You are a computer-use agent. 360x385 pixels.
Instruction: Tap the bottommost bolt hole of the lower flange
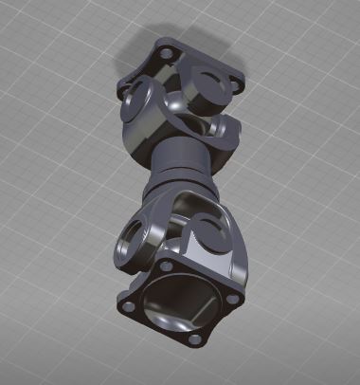click(x=194, y=339)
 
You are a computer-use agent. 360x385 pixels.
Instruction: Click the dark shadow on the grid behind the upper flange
click(x=142, y=52)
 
